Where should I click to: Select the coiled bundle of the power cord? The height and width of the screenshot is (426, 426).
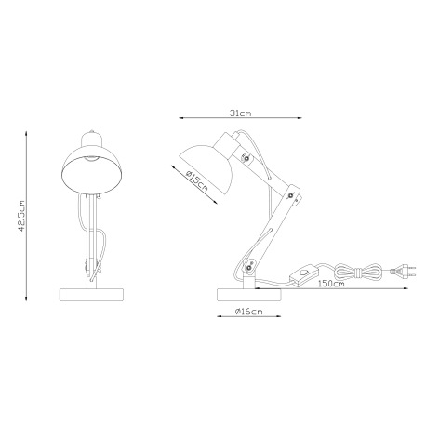point(353,271)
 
